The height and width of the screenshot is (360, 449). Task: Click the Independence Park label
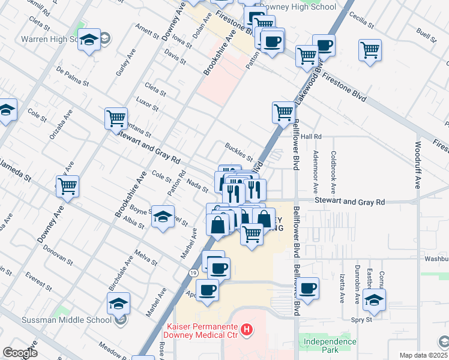330,345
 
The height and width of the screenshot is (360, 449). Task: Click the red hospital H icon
246,329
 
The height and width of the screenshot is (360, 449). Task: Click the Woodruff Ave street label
418,164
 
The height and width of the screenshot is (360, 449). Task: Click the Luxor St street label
147,104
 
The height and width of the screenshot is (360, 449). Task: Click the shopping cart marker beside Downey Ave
67,186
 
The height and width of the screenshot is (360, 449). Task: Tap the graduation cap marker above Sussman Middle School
119,304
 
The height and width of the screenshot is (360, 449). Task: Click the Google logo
20,353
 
